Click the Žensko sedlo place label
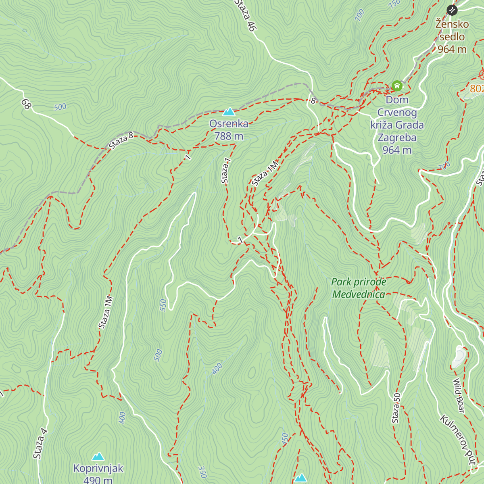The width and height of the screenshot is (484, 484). click(x=452, y=37)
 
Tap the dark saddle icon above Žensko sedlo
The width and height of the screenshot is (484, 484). click(x=452, y=10)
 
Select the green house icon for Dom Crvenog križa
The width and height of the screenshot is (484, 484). click(x=397, y=86)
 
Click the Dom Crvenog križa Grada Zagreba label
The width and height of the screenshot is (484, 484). click(x=397, y=125)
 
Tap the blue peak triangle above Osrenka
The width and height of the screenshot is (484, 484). click(x=229, y=112)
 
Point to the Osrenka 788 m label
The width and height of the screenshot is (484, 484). click(x=229, y=130)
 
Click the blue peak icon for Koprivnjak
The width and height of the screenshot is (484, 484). click(x=98, y=457)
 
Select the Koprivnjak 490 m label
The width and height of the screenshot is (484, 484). click(x=98, y=474)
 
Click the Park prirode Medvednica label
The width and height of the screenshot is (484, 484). click(x=359, y=288)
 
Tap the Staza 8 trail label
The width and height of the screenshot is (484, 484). click(x=121, y=141)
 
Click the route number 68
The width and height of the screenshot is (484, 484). click(x=26, y=104)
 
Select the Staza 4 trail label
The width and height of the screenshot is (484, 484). click(x=40, y=444)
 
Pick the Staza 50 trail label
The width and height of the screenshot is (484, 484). click(x=396, y=408)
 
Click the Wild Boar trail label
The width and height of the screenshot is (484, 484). click(x=459, y=395)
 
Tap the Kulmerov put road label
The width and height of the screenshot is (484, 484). click(x=458, y=440)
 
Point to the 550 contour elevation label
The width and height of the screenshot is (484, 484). click(x=163, y=305)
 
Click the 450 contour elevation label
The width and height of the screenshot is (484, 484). click(x=285, y=438)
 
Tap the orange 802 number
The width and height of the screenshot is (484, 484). click(x=477, y=88)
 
